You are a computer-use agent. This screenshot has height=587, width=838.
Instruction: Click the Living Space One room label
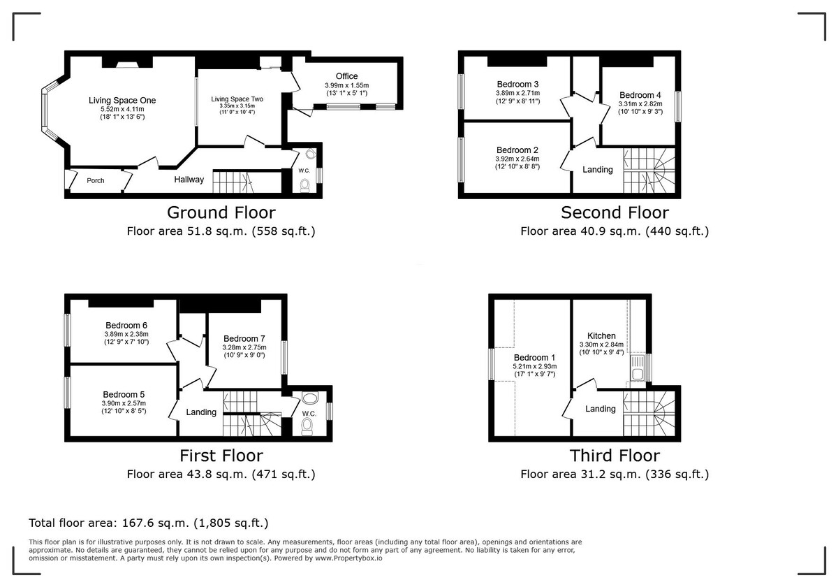tap(122, 101)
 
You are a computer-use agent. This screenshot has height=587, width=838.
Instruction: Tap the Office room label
tap(346, 76)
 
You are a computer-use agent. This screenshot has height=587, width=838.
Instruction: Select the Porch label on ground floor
tap(96, 180)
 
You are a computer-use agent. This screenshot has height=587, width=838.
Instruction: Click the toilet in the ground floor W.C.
tap(304, 184)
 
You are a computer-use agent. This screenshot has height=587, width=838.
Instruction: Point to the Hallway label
tap(189, 180)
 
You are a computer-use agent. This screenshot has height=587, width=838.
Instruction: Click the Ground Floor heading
tap(221, 212)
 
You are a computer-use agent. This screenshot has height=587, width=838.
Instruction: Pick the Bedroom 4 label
tap(640, 95)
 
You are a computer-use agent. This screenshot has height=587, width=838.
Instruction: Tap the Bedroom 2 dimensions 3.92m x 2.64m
tap(517, 159)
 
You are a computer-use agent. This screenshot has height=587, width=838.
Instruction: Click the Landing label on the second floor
tap(598, 170)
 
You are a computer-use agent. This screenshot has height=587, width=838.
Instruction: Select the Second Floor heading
tap(615, 212)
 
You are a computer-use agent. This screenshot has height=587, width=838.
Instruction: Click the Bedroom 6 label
tap(126, 325)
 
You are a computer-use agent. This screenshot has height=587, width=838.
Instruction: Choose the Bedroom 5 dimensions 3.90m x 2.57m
tap(124, 404)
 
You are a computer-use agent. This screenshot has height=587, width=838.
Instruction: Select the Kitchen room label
tap(601, 335)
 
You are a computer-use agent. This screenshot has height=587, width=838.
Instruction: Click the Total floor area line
tap(148, 523)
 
